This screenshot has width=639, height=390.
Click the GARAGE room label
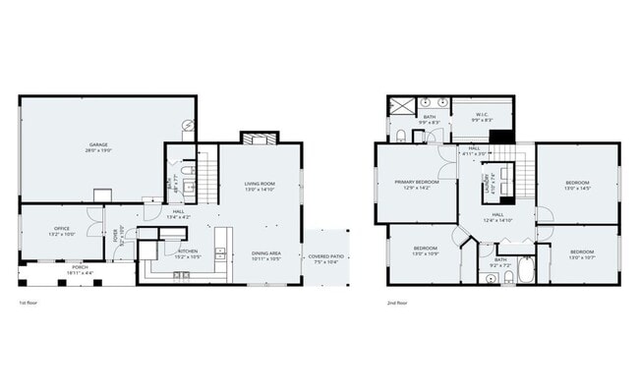click(98, 144)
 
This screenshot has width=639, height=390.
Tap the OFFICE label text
click(61, 229)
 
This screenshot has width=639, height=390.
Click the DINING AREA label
click(266, 253)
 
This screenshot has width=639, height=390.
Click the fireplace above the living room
click(255, 139)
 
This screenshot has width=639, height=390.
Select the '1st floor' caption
click(29, 304)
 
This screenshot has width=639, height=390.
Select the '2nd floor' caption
click(397, 304)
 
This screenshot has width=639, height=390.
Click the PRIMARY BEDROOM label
click(417, 183)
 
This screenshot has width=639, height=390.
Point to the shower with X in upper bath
click(400, 107)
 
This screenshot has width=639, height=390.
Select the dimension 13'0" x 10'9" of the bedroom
click(425, 253)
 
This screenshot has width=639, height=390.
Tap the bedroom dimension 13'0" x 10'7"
click(583, 257)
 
